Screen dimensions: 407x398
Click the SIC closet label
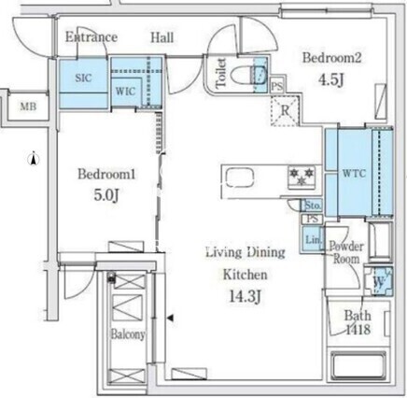(x=83, y=78)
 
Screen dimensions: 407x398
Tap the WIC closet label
(x=125, y=92)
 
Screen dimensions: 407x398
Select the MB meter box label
(x=28, y=107)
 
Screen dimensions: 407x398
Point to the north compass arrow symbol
(x=34, y=158)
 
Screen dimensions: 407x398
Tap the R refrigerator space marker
(x=285, y=110)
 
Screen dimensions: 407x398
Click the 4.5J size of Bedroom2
(x=331, y=80)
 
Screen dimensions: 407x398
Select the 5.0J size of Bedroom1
(x=106, y=195)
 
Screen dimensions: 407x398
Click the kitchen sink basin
(x=240, y=178)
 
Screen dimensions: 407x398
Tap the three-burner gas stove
(x=302, y=177)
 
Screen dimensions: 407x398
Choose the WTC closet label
(x=354, y=173)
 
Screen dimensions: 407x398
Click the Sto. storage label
(x=313, y=206)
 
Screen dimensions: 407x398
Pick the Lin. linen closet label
(x=313, y=240)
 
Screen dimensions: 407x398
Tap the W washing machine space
(x=379, y=281)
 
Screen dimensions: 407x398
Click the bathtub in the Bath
(x=358, y=365)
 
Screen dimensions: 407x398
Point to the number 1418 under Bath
(x=358, y=330)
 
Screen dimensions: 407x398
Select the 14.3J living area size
(x=245, y=296)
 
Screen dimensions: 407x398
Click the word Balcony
(x=128, y=334)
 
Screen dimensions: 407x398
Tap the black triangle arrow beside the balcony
(x=170, y=318)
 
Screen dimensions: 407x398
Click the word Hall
(x=162, y=37)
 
